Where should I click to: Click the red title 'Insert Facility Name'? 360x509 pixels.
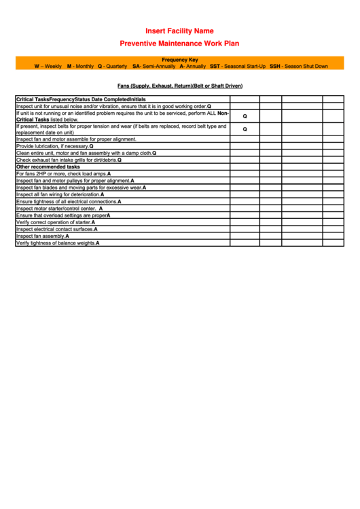pos(179,31)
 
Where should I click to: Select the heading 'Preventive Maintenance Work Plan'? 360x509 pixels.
pos(179,43)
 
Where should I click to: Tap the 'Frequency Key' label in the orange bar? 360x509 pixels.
pos(180,60)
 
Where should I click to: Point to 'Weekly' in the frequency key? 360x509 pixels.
pos(52,67)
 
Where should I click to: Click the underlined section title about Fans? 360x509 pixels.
pos(179,86)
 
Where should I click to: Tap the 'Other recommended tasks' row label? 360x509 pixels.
pos(48,166)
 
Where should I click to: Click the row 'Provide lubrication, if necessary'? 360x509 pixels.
pos(54,146)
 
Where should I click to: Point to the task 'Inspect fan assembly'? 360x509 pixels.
pos(42,236)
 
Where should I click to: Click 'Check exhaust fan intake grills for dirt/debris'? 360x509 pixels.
pos(69,160)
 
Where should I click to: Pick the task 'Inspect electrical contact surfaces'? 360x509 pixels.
pos(56,229)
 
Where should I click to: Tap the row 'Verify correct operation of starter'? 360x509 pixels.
pos(56,222)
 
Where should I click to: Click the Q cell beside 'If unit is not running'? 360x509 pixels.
pos(245,116)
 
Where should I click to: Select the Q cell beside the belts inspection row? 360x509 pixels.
pos(245,129)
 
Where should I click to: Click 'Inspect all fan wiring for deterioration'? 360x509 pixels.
pos(60,194)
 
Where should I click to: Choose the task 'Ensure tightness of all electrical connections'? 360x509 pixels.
pos(69,201)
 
